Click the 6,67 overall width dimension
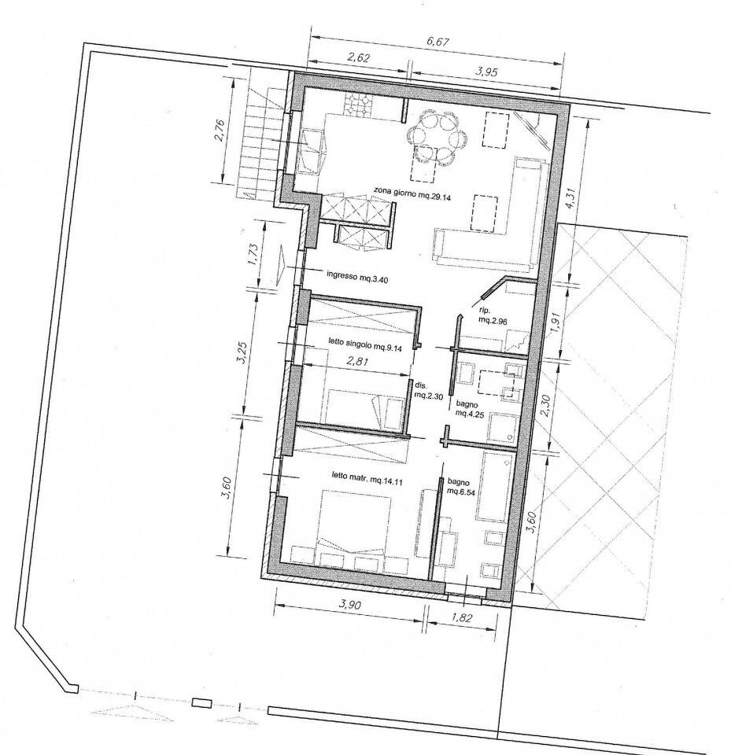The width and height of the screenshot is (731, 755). (437, 42)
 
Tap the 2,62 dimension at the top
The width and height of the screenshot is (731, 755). (357, 59)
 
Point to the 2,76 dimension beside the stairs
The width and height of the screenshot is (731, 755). (220, 131)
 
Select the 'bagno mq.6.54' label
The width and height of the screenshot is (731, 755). (460, 487)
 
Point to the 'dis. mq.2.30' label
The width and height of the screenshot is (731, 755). (426, 389)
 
